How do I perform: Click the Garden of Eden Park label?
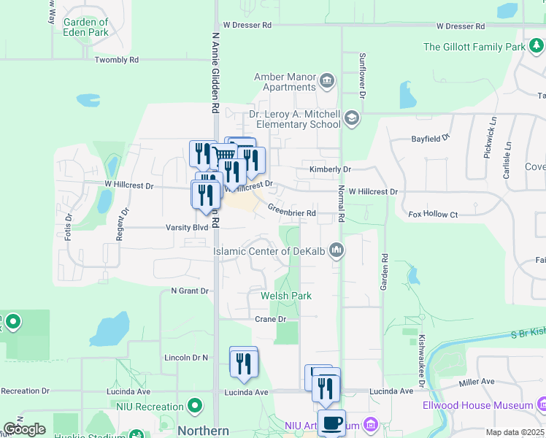coord(87,28)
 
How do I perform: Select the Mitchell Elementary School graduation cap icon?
coord(351,118)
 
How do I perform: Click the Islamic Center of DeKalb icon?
coord(336,250)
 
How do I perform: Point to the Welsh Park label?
coord(286,296)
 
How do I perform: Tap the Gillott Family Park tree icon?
coord(537,47)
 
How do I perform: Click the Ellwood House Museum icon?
coord(541,404)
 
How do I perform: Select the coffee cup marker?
coord(331,423)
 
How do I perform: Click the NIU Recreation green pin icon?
coord(195,406)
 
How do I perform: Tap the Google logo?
coord(24,429)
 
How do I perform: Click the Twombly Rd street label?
coord(116,60)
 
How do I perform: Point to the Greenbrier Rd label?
coord(291,212)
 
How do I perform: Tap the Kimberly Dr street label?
coord(330,169)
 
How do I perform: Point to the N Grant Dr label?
coord(190,291)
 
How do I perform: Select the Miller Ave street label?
coord(477,381)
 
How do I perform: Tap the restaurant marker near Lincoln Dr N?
coord(244,362)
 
